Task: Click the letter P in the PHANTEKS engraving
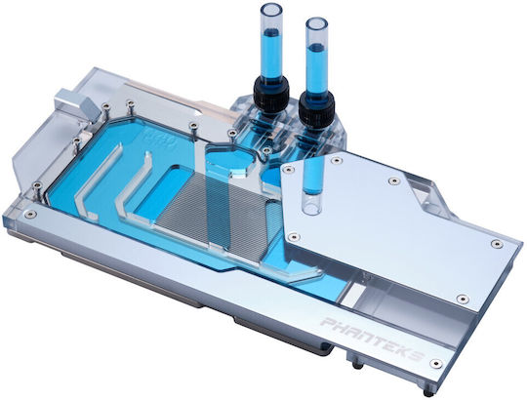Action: [327, 323]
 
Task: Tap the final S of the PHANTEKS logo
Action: [421, 355]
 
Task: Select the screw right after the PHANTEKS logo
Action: [435, 363]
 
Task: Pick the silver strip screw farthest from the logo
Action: [30, 214]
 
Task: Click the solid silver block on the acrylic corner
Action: [76, 102]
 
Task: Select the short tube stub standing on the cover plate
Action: [312, 184]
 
